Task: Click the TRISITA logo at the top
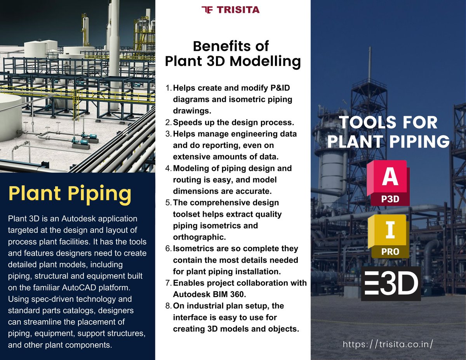(231, 10)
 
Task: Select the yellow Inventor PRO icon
(389, 236)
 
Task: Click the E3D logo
(391, 283)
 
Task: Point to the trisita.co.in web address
(388, 344)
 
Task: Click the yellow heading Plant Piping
(70, 193)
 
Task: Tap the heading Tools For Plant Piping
(388, 132)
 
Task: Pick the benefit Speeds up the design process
(233, 122)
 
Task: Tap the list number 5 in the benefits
(168, 203)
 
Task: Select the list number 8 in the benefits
(168, 306)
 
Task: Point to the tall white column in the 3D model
(114, 50)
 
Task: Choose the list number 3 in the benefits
(168, 134)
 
